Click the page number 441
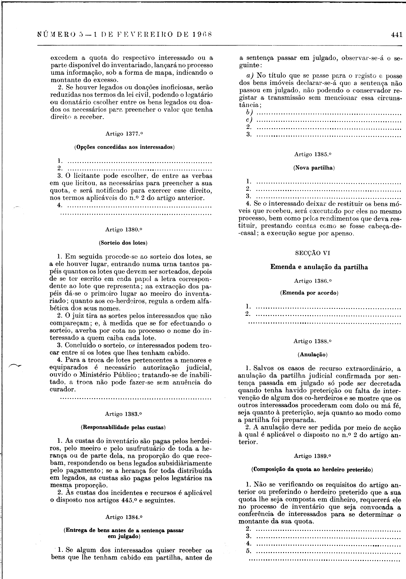point(396,35)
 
